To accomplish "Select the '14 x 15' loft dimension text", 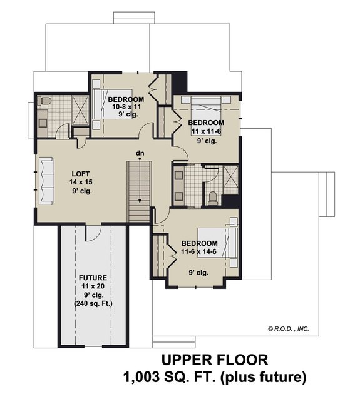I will click(x=81, y=181).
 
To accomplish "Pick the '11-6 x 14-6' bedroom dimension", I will click(x=199, y=252).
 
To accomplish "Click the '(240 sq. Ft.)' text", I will click(x=93, y=303).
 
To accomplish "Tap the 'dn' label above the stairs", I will click(x=140, y=153).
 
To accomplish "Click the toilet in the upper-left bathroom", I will click(x=44, y=101).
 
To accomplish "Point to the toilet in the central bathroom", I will click(x=212, y=198).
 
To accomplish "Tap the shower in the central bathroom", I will click(x=230, y=179).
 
